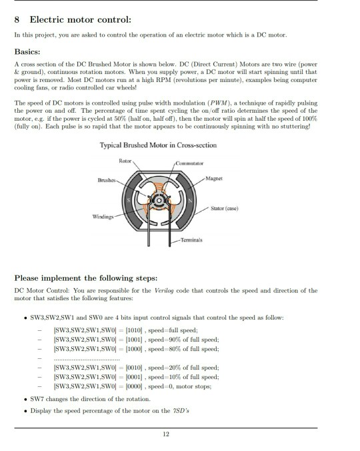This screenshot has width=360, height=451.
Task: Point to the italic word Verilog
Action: tap(182, 291)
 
